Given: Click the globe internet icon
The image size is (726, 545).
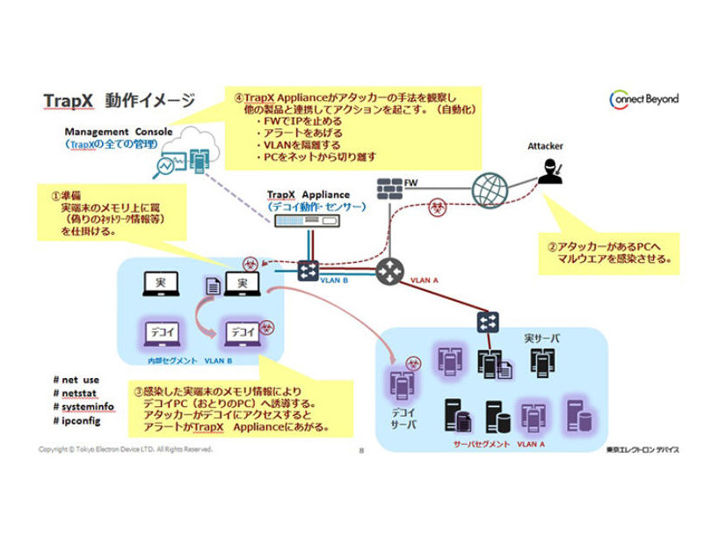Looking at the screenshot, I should pyautogui.click(x=490, y=189).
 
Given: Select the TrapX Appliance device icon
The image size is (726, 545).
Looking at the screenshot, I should pyautogui.click(x=308, y=222).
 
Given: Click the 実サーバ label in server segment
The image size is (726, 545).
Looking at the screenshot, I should pyautogui.click(x=541, y=338).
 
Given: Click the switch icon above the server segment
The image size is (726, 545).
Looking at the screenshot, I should pyautogui.click(x=488, y=322).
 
